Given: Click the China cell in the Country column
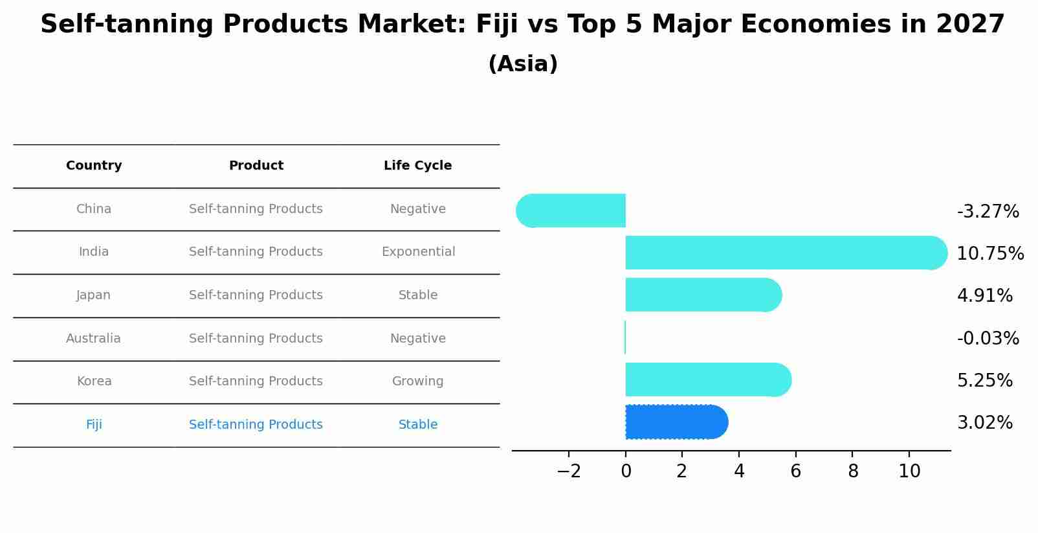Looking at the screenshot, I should [94, 209].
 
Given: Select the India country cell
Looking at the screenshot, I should [94, 252].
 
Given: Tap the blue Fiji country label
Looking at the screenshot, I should [94, 425].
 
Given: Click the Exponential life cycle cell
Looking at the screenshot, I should [418, 252].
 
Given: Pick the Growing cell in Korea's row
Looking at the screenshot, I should [418, 381].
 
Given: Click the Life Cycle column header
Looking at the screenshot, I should [418, 166].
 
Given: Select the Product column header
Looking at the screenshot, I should [256, 166].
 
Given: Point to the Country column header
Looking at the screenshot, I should [94, 166].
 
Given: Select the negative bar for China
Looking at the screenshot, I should [573, 210].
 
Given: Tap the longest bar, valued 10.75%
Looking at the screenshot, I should [783, 253].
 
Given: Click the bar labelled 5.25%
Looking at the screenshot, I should [705, 380].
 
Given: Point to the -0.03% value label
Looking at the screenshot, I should [988, 338].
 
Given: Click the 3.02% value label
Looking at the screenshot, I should [984, 423].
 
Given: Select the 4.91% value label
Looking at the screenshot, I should [984, 296].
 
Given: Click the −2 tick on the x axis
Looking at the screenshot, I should [569, 471].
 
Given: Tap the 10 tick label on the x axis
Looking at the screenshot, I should [909, 471].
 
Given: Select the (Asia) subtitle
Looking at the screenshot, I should [523, 64].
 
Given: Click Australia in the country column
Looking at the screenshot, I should [94, 339].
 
